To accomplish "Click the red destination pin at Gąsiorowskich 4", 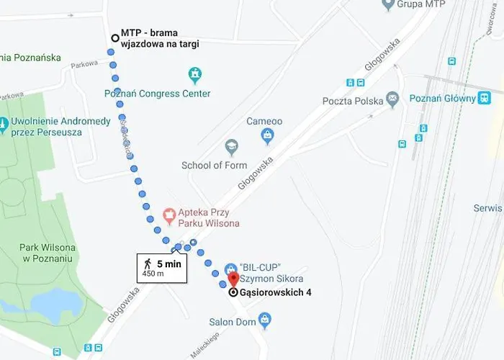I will click(x=233, y=279).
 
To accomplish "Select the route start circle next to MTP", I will click(x=114, y=38).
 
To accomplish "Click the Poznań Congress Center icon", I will click(x=194, y=74).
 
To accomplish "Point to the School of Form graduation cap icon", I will click(x=231, y=148).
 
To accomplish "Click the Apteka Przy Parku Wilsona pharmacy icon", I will click(x=170, y=215).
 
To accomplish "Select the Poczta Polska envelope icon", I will click(x=392, y=98).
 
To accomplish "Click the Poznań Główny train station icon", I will click(x=484, y=97).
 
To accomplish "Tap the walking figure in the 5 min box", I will click(x=148, y=263).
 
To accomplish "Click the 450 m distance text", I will click(x=153, y=274).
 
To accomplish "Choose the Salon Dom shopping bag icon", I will click(x=264, y=318).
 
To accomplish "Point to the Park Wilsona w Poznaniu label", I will click(x=44, y=253).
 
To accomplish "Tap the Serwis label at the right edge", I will click(x=487, y=207).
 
